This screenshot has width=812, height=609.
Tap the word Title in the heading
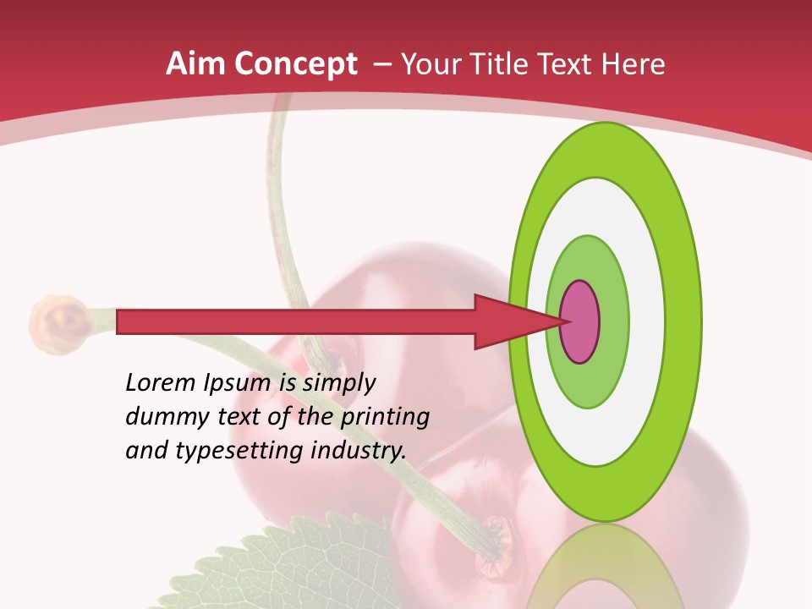505,63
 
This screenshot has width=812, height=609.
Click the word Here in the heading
635,63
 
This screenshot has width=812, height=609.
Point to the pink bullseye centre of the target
580,321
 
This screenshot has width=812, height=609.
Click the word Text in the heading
571,63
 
